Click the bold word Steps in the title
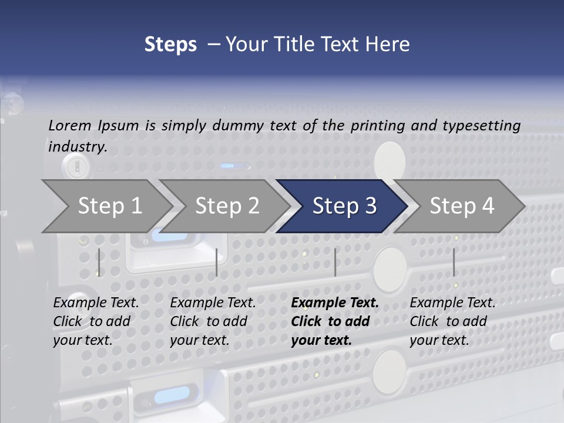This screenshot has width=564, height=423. [170, 45]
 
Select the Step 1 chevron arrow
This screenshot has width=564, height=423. [109, 206]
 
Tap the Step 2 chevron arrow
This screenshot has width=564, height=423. [227, 206]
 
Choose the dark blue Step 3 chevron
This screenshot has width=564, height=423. [344, 206]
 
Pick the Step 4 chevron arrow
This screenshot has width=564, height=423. [462, 206]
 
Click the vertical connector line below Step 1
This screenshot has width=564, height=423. [99, 262]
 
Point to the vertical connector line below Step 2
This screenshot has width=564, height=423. [217, 262]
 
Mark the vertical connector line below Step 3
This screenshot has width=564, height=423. [335, 262]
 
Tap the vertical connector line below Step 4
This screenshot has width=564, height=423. [454, 262]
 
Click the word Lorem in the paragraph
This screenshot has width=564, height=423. [70, 125]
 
